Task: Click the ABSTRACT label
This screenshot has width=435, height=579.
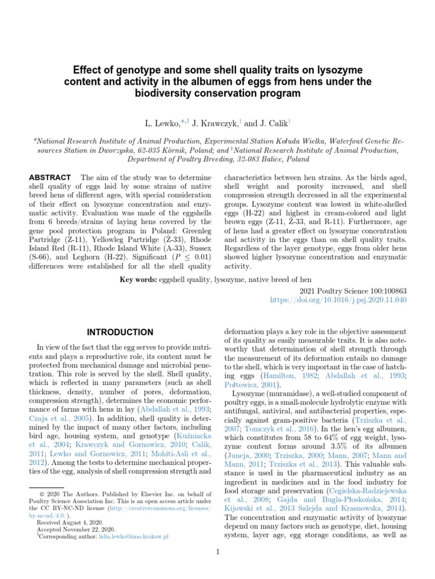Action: click(50, 177)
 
